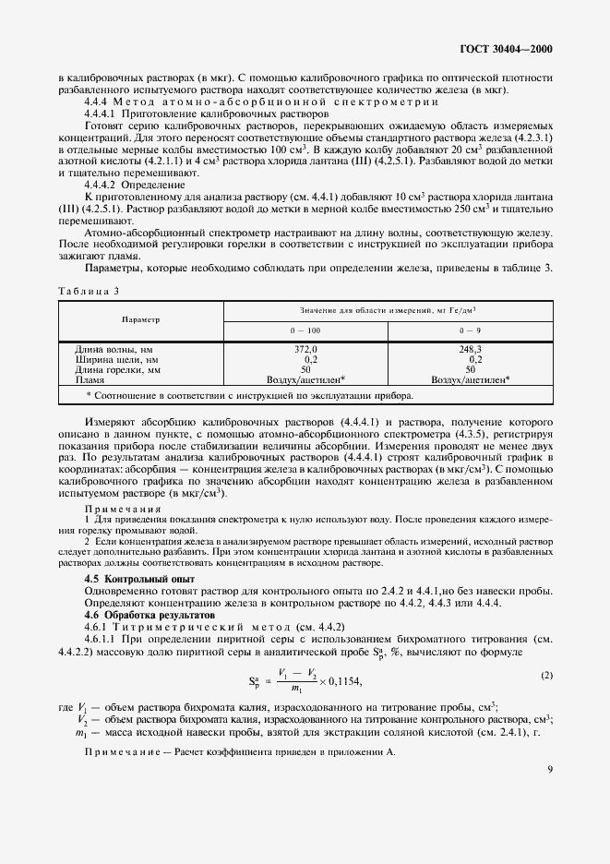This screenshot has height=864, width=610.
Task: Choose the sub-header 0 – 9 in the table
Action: click(471, 329)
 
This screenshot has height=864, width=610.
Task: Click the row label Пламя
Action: click(90, 379)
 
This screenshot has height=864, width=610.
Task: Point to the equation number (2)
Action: click(546, 675)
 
